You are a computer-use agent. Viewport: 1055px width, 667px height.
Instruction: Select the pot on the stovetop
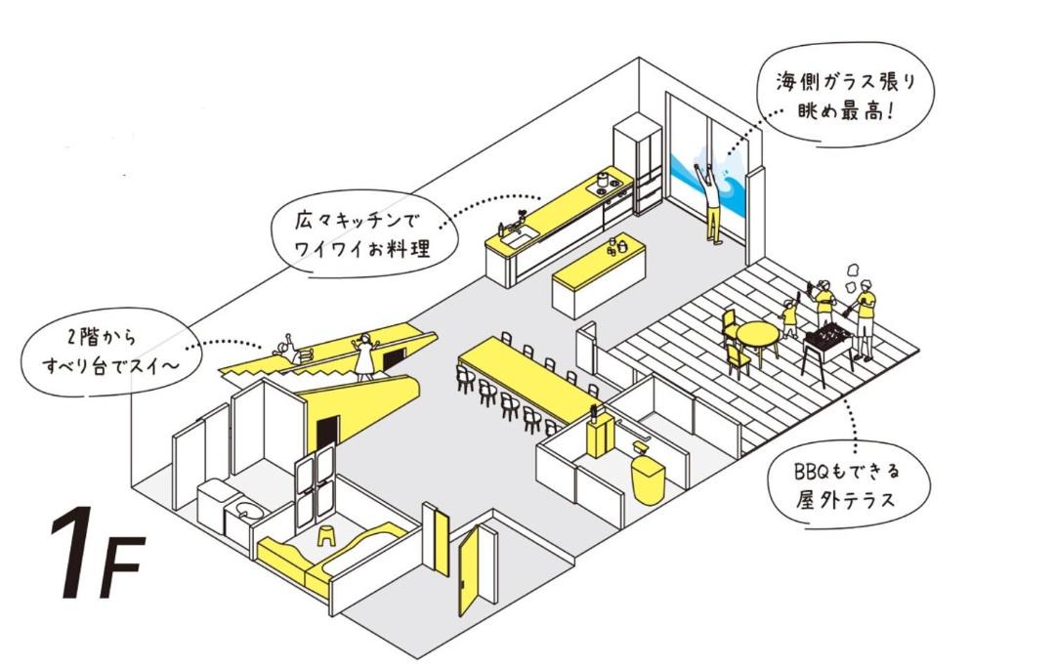tap(604, 180)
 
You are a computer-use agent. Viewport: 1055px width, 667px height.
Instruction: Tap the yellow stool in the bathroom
tap(326, 534)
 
